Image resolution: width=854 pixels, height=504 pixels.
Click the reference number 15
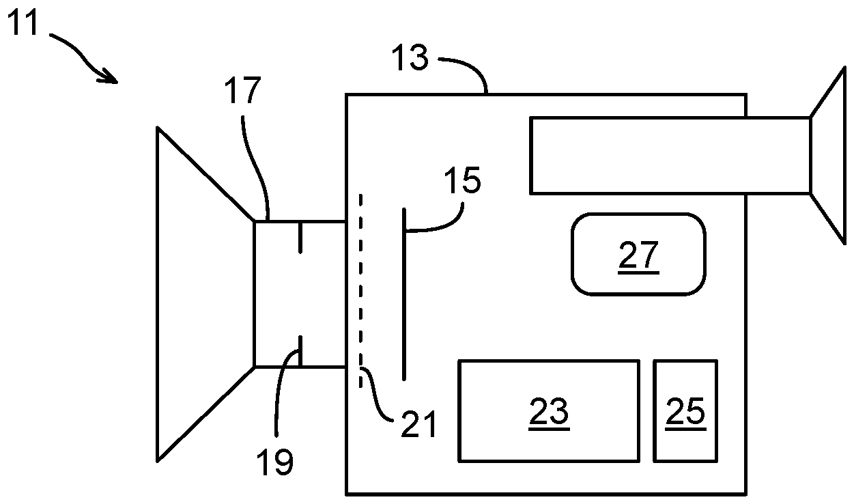462,180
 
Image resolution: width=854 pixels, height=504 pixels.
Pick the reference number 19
275,462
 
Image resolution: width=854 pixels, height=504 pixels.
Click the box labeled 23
548,410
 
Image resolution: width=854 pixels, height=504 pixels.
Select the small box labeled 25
685,410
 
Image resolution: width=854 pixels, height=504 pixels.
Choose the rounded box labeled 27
638,254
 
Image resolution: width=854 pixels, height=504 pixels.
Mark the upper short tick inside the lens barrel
299,238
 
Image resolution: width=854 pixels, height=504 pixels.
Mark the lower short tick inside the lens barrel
299,350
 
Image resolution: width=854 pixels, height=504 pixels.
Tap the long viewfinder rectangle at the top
669,155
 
